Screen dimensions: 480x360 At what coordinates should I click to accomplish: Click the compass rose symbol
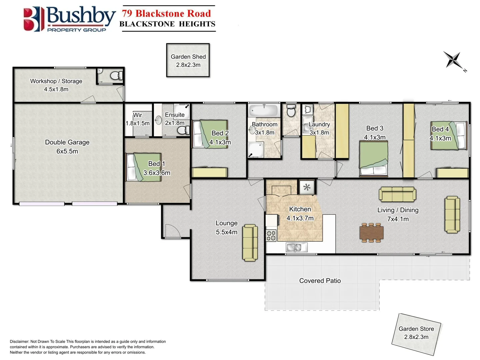coord(453,60)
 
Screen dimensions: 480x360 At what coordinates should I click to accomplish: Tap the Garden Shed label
coord(188,57)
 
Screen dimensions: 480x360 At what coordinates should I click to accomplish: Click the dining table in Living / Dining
coord(371,232)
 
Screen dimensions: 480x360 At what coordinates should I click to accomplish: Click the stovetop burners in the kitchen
coord(271,235)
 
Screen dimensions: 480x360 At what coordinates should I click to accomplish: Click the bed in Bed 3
coord(373,158)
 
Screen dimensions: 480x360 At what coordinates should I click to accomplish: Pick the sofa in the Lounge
coord(250,243)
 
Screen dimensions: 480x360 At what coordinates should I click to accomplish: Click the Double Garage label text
coord(67,142)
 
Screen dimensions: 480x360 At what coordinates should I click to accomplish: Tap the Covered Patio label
coord(320,281)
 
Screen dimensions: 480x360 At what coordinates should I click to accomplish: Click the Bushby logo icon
coord(33,19)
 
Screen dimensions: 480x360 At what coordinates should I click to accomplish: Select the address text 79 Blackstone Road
coord(166,14)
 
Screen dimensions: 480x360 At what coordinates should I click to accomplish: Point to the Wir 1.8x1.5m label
coord(137,119)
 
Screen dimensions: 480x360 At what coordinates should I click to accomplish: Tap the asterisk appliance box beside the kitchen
coord(307,187)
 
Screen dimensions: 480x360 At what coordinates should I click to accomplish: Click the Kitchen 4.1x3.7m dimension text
coord(300,218)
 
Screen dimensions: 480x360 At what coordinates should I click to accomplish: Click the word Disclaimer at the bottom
coord(19,341)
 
